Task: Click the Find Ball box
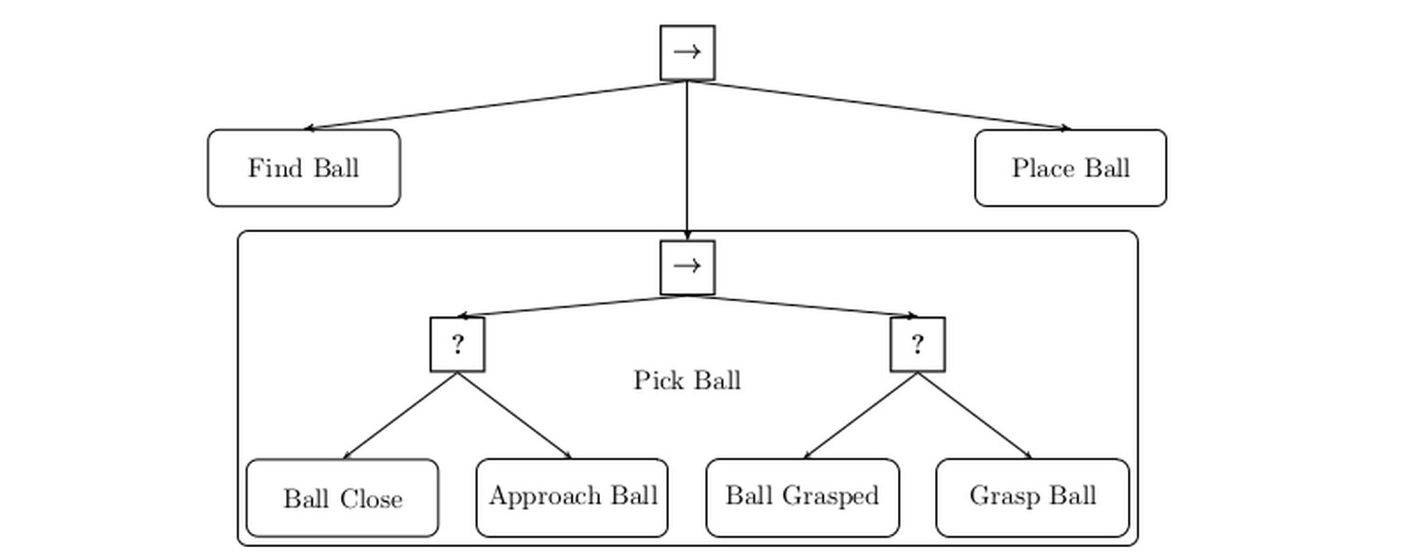click(x=304, y=168)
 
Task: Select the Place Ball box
click(x=1070, y=168)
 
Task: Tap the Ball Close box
click(x=343, y=498)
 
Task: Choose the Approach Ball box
click(x=572, y=498)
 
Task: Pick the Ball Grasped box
click(x=802, y=498)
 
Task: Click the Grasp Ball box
click(x=1033, y=498)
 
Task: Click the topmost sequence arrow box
click(x=687, y=53)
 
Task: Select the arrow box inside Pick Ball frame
click(x=687, y=267)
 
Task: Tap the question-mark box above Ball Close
click(x=458, y=345)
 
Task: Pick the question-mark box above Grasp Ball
click(x=917, y=345)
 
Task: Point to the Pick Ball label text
click(x=687, y=380)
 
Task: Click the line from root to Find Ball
click(x=496, y=105)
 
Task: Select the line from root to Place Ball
click(x=879, y=105)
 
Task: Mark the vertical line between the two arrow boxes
click(x=687, y=160)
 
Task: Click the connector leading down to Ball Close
click(x=401, y=416)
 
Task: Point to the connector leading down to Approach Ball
click(x=515, y=416)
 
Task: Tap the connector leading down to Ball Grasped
click(x=861, y=416)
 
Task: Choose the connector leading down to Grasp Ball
click(x=975, y=416)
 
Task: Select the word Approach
click(x=538, y=497)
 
